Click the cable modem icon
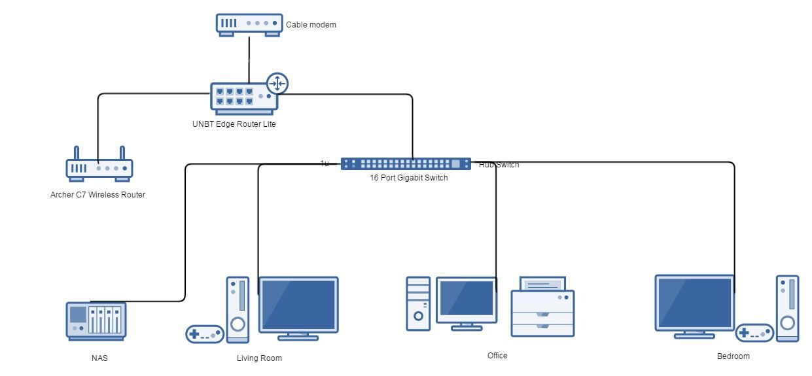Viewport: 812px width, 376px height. click(x=249, y=24)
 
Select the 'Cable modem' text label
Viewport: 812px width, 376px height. click(x=311, y=25)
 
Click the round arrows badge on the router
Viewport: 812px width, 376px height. click(x=277, y=84)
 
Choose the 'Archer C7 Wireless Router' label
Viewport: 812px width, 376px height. click(x=97, y=194)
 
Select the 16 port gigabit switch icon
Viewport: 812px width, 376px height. click(x=406, y=164)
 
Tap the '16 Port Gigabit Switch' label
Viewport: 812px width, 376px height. click(x=408, y=178)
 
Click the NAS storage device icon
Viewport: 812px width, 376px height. click(x=96, y=320)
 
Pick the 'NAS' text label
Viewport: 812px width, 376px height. click(x=99, y=358)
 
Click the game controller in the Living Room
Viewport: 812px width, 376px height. click(x=205, y=333)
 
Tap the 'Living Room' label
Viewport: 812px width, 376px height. click(x=259, y=358)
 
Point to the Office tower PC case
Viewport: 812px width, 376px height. click(x=418, y=303)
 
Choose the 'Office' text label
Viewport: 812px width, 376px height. click(x=497, y=356)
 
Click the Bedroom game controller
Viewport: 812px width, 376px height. click(x=754, y=332)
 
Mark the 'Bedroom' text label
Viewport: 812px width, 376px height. click(x=733, y=356)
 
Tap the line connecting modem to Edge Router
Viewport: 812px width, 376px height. click(x=249, y=59)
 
